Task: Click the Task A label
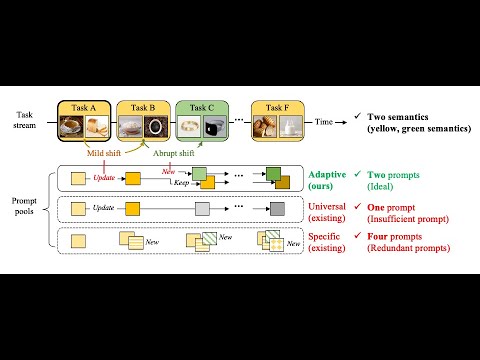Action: (83, 106)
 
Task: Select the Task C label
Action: (201, 106)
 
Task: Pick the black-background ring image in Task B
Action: (156, 127)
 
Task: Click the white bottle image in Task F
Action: (290, 127)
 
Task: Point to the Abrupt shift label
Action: (175, 152)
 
